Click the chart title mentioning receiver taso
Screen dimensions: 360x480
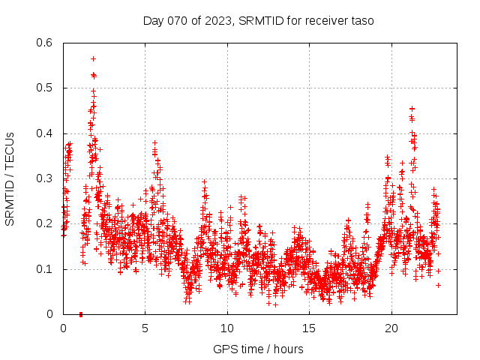click(x=259, y=20)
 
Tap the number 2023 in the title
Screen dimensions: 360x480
click(x=211, y=20)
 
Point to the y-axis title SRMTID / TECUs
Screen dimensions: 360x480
click(x=10, y=178)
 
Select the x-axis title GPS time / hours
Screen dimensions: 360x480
click(x=258, y=349)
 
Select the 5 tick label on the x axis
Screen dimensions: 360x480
click(x=145, y=328)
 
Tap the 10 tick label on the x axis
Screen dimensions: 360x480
click(x=227, y=328)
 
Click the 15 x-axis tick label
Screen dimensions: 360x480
click(x=309, y=328)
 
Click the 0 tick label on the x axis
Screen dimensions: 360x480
click(x=63, y=328)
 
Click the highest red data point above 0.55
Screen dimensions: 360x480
click(x=93, y=58)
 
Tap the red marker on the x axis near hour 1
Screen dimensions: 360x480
click(x=80, y=313)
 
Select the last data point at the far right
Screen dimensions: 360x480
click(x=438, y=285)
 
